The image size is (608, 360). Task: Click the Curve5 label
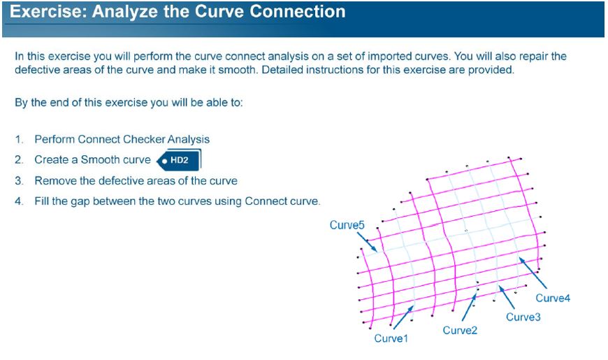[347, 225]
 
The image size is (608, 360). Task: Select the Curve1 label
[391, 338]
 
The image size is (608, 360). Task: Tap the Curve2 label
[460, 330]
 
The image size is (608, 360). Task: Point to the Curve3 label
[523, 317]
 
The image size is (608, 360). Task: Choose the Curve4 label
[553, 298]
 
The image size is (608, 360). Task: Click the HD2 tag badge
[179, 160]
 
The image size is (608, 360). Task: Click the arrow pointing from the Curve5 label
[366, 242]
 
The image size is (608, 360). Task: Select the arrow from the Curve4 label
[533, 273]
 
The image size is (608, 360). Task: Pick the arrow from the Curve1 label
[403, 317]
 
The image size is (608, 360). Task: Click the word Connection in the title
[298, 12]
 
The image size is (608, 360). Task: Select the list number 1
[19, 139]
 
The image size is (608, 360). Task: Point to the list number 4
[19, 201]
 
